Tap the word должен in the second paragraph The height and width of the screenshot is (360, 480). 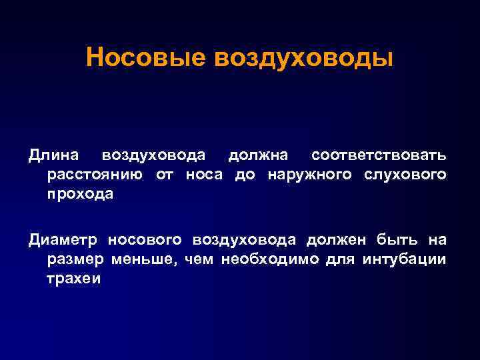tap(338, 239)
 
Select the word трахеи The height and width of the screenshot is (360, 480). tap(74, 278)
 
